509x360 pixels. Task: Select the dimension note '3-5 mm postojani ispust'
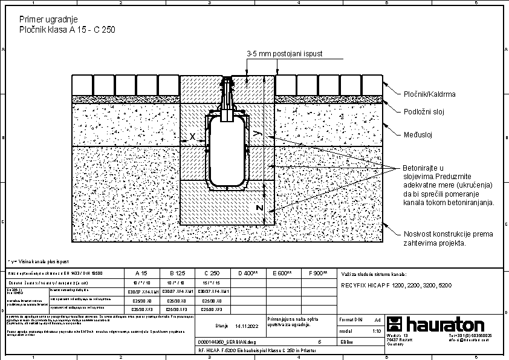(285, 54)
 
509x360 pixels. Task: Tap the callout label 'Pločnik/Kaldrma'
(429, 94)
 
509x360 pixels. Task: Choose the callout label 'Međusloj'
(418, 135)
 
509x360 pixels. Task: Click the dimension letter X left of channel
(193, 137)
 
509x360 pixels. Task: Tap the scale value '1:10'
(377, 331)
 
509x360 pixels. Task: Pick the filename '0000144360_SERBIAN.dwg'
(227, 341)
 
